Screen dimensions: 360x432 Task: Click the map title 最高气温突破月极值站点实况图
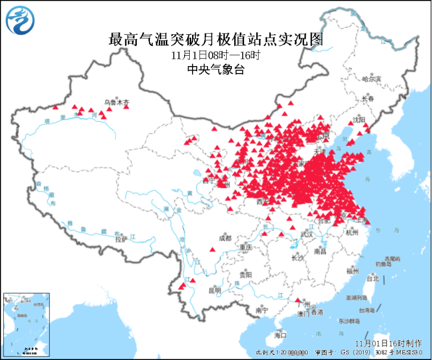point(216,40)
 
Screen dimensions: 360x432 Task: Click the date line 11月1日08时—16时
point(215,56)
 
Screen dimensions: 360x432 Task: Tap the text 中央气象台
point(216,69)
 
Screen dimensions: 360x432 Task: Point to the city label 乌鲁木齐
point(117,103)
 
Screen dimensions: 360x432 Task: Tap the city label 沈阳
point(358,120)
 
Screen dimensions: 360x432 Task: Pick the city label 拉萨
point(120,240)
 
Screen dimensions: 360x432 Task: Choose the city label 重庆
point(246,248)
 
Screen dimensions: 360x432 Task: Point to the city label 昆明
point(214,290)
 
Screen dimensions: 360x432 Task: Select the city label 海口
point(280,334)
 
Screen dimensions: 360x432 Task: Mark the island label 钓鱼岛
point(383,264)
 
